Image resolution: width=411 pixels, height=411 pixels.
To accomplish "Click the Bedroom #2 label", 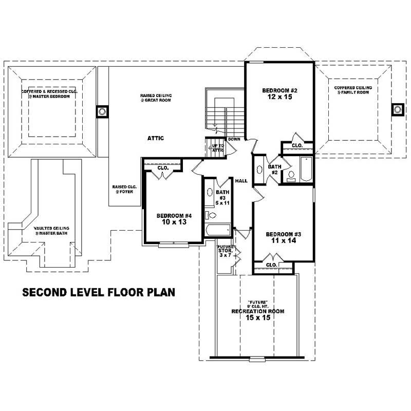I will [280, 91].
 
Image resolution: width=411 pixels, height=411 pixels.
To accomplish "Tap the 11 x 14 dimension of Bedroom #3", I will [283, 240].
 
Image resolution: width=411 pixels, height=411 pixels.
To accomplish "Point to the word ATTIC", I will [156, 138].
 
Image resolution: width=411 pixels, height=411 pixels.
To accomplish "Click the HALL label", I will [241, 181].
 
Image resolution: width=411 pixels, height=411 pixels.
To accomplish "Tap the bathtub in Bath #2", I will [306, 169].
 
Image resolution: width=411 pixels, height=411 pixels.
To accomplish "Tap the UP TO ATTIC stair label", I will [218, 147].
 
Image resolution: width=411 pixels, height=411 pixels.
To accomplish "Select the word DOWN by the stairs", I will [234, 139].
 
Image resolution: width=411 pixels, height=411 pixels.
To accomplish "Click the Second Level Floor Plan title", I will [99, 292].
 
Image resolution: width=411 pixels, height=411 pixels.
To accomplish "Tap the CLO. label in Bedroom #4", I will [163, 167].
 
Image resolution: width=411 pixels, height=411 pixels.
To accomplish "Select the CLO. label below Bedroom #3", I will [271, 265].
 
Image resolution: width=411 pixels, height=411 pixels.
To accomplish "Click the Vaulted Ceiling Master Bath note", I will [51, 231].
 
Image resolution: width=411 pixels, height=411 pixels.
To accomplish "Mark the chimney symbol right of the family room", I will [397, 109].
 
